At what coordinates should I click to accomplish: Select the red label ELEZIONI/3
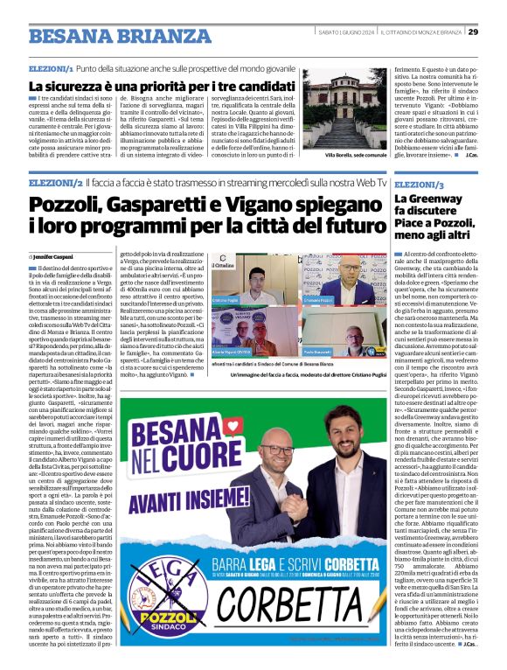coord(419,186)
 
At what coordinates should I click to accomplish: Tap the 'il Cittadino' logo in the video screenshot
coord(224,263)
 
